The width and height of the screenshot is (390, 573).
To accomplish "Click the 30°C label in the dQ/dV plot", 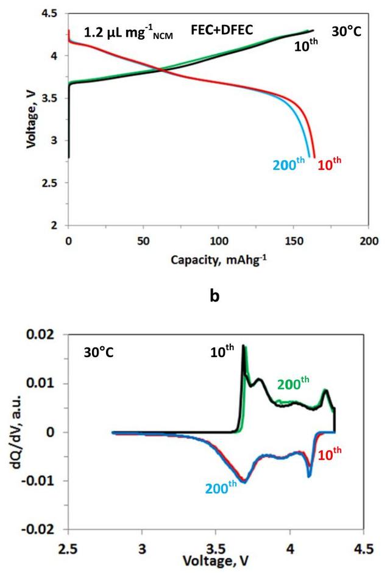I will [x=99, y=353].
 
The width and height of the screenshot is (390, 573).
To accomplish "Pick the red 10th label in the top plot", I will [x=333, y=165].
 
